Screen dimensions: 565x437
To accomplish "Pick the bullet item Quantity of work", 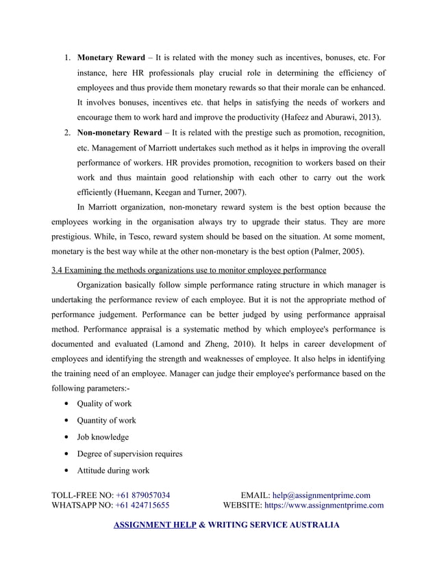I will click(x=107, y=420).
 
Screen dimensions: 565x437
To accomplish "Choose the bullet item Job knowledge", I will click(x=103, y=437).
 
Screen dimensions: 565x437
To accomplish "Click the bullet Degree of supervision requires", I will click(x=129, y=454).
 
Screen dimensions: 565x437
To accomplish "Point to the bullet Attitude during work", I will click(x=113, y=471).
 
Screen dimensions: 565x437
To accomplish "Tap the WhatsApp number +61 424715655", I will click(x=142, y=506).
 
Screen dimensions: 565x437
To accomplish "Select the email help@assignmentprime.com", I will click(x=321, y=495).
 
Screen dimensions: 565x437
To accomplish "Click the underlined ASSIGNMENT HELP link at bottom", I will click(x=154, y=525).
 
